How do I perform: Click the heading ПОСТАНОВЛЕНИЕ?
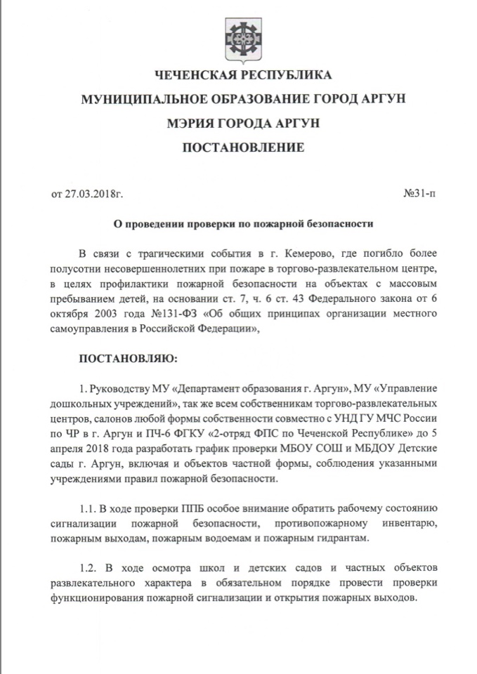pyautogui.click(x=243, y=147)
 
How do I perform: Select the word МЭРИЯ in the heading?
pyautogui.click(x=190, y=123)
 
